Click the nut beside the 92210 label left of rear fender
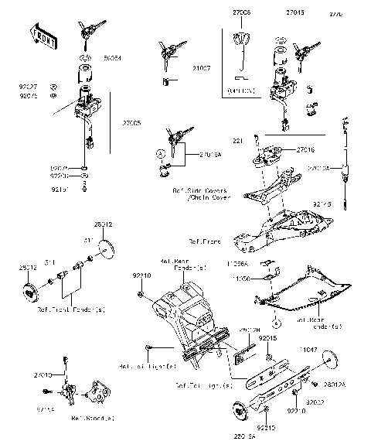[x=137, y=295]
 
